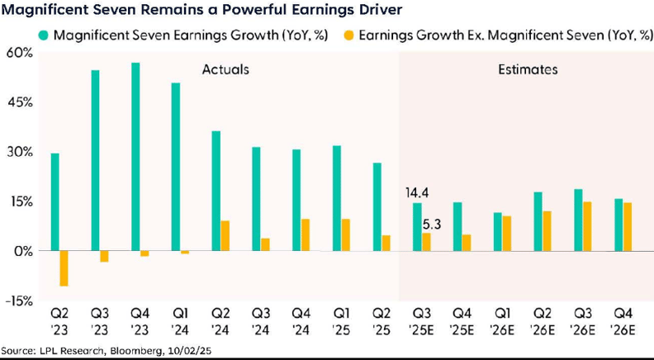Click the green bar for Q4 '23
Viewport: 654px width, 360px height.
pos(135,157)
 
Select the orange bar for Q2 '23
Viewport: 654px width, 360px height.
pos(64,268)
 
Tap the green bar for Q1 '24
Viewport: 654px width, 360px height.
pos(175,167)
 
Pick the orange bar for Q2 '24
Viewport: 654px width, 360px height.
pos(225,236)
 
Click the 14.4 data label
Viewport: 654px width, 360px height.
pos(417,193)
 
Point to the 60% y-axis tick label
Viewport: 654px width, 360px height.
pos(20,53)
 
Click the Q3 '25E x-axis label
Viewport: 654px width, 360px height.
pos(421,323)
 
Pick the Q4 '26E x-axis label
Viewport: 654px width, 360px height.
pos(623,323)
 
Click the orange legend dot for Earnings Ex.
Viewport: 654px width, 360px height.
pos(349,36)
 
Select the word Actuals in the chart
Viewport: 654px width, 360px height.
pos(225,70)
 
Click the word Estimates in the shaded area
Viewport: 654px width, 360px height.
pos(528,70)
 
